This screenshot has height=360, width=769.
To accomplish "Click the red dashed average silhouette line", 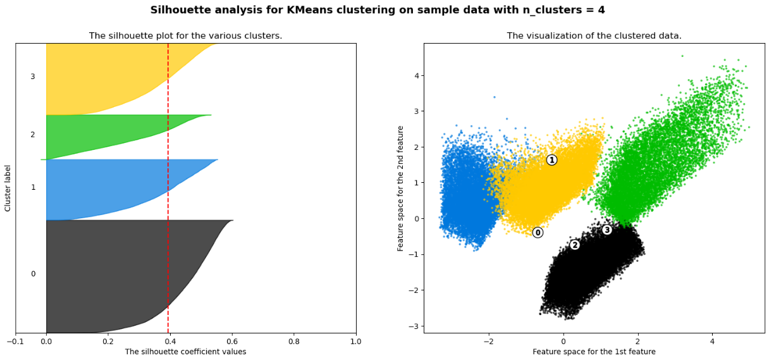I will point(168,190).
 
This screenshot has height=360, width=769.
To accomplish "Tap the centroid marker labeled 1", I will point(551,160).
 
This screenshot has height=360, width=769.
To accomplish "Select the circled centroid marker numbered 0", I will point(538,232).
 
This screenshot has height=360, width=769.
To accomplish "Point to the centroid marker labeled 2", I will point(575,245).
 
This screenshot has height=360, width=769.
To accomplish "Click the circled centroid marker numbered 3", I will point(607,230).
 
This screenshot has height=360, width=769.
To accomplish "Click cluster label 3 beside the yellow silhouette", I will point(33,77).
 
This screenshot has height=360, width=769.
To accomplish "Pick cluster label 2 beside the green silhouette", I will point(33,135).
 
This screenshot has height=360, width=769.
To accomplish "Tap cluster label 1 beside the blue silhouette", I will point(33,187).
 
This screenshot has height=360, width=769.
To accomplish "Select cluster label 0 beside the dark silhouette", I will point(33,274).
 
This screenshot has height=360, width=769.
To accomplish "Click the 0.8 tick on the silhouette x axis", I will point(294,342).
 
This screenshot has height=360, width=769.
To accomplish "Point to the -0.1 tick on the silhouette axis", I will point(15,342).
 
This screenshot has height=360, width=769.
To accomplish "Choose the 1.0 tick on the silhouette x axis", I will point(356,342).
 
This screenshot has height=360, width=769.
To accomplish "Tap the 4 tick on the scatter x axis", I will point(712,342).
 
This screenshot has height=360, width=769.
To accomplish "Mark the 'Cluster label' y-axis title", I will point(8,188).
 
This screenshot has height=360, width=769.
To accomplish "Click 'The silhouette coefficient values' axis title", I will point(185,352).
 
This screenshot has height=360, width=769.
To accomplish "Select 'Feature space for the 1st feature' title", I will point(594,352).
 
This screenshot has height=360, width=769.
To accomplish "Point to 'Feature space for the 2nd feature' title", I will point(401,188).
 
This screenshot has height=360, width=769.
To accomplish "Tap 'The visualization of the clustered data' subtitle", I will point(594,36).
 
